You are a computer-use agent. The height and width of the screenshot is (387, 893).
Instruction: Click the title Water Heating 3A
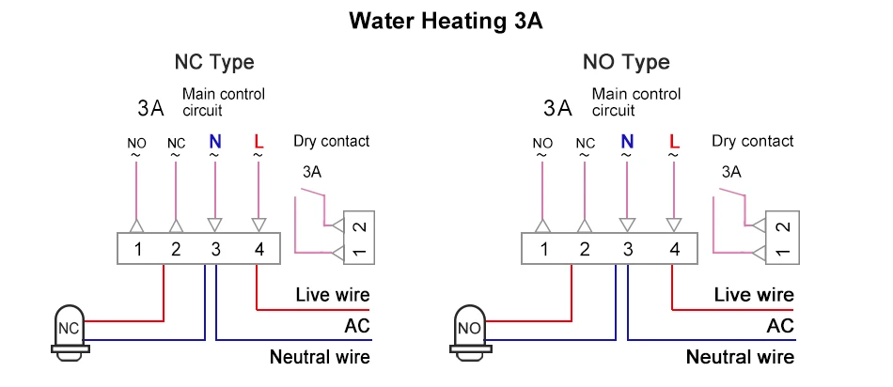tap(446, 21)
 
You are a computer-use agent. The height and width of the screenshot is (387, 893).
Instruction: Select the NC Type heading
tap(214, 63)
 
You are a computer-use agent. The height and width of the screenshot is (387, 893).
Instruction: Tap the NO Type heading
tap(626, 63)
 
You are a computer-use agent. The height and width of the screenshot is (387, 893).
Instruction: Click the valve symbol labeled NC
tap(68, 329)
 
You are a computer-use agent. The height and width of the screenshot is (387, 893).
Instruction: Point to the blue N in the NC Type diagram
tap(214, 143)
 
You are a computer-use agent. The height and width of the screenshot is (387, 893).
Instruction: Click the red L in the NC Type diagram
tap(258, 143)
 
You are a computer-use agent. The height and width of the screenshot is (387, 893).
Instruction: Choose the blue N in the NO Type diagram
tap(627, 143)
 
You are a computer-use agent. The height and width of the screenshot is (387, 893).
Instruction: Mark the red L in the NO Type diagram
tap(673, 143)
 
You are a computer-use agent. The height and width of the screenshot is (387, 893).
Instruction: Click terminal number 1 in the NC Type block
tap(137, 250)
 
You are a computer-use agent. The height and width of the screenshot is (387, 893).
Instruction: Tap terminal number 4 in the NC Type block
tap(258, 250)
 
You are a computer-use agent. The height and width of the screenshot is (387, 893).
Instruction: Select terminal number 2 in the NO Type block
tap(585, 250)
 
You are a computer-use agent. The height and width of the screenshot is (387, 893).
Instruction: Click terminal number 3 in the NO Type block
tap(627, 250)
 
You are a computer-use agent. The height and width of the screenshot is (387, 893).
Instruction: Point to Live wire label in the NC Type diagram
tap(333, 295)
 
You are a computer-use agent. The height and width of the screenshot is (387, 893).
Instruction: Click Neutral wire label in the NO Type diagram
tap(740, 357)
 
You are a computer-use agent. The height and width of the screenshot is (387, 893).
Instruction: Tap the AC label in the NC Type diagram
tap(357, 326)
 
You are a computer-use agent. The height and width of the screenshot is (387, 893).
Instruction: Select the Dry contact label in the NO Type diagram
tap(753, 142)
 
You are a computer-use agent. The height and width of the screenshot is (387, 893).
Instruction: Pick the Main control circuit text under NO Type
tap(635, 101)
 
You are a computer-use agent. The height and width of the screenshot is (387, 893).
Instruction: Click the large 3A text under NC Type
tap(150, 107)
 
